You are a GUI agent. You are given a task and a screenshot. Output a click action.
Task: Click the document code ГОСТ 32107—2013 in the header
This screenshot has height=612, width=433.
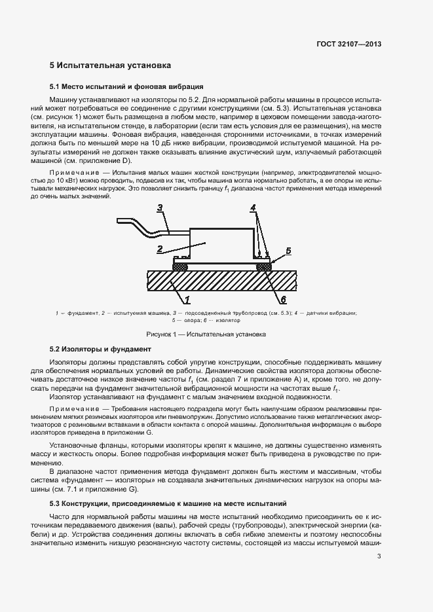pos(347,44)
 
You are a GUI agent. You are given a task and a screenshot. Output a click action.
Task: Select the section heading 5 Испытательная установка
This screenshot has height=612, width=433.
pos(111,65)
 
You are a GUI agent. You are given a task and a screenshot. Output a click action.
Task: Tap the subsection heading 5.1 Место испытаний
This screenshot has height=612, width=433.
pos(127,86)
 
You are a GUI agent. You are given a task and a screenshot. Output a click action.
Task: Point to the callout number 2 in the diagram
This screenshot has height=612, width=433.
pos(159,249)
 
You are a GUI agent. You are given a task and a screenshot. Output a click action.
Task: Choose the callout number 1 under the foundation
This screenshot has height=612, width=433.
pos(187,300)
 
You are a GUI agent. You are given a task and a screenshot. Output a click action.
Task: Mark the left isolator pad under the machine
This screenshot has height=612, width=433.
pos(162,267)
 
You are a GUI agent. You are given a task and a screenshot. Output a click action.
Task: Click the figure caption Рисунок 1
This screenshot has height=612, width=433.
pos(216,334)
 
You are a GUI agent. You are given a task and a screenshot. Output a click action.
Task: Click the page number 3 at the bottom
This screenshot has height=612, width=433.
pos(379,556)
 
